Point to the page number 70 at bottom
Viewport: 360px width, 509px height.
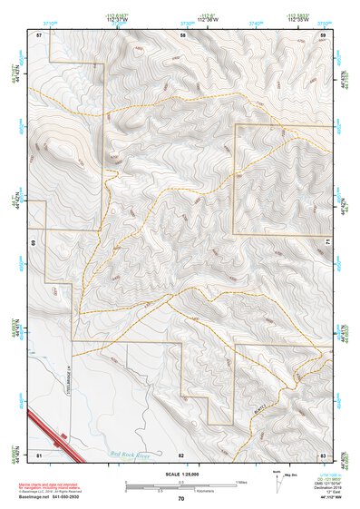point(180,498)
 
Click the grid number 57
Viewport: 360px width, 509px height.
point(39,34)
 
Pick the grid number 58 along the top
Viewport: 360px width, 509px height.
point(182,34)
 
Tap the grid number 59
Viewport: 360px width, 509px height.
point(323,34)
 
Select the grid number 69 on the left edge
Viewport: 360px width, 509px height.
point(33,243)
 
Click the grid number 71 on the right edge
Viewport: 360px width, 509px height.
point(328,243)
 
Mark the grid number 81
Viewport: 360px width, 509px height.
point(39,453)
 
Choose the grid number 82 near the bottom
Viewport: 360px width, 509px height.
point(181,453)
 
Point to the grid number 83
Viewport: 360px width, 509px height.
point(323,453)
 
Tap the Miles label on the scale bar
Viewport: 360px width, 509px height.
point(239,480)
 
